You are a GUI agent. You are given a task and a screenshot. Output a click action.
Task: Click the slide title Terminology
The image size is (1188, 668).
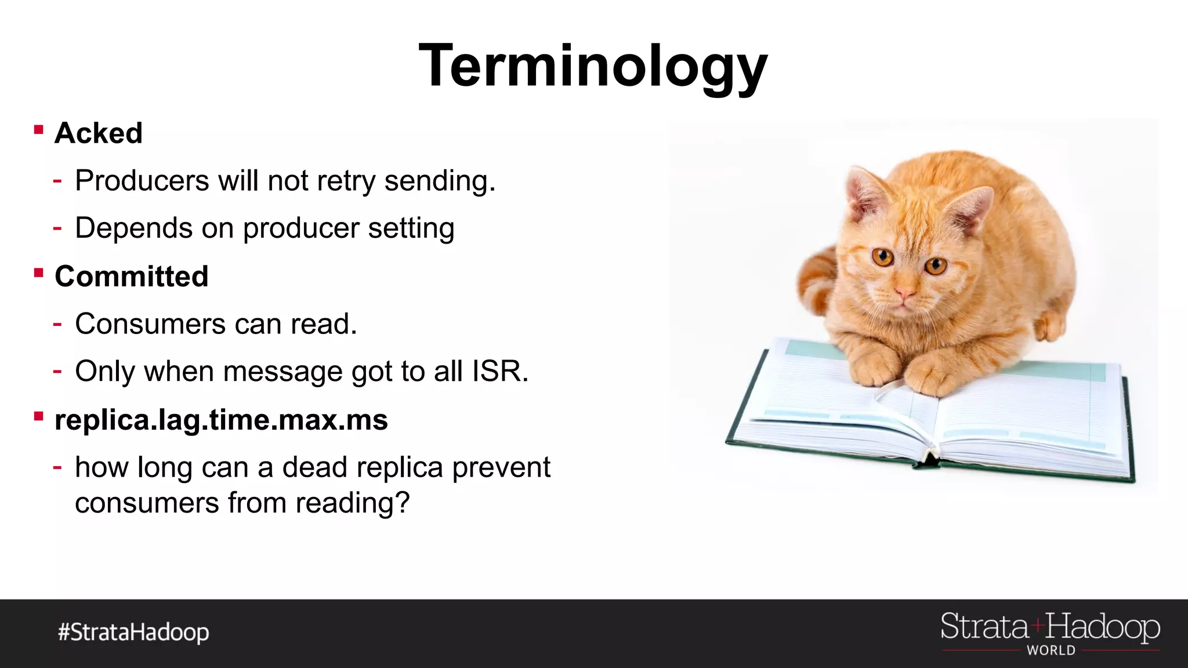pyautogui.click(x=593, y=67)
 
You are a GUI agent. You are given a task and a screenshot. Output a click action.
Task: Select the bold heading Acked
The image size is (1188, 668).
pyautogui.click(x=99, y=133)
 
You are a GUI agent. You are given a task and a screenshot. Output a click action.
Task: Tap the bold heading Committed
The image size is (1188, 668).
pyautogui.click(x=132, y=277)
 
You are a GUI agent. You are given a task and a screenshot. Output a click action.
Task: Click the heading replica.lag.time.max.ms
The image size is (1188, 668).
pyautogui.click(x=221, y=420)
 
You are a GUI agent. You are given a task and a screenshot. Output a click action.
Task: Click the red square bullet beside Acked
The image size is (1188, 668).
pyautogui.click(x=39, y=130)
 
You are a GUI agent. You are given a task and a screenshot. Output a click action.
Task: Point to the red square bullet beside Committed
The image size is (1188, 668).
pyautogui.click(x=39, y=273)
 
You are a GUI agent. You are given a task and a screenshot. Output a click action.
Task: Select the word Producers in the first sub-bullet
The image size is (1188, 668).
pyautogui.click(x=142, y=181)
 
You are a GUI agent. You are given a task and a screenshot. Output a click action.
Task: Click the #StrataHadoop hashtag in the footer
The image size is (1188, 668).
pyautogui.click(x=133, y=632)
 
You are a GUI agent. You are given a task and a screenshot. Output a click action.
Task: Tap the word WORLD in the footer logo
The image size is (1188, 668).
pyautogui.click(x=1051, y=651)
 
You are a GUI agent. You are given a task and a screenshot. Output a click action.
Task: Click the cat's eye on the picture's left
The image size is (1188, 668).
pyautogui.click(x=883, y=256)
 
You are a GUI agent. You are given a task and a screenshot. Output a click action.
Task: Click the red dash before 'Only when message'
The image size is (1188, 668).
pyautogui.click(x=57, y=371)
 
